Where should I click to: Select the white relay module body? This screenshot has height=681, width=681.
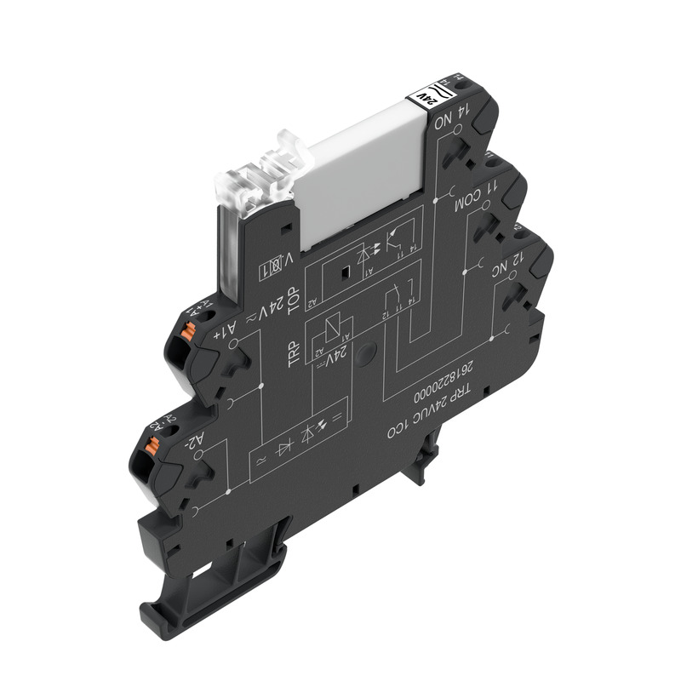[362, 170]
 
